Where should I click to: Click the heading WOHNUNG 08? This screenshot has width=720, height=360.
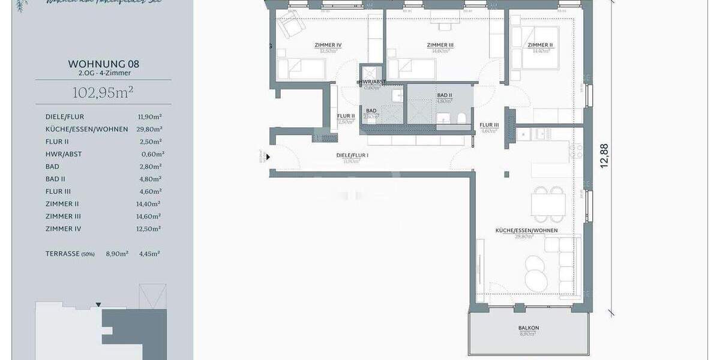coord(103,63)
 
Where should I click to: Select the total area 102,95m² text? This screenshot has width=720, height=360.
coord(103,92)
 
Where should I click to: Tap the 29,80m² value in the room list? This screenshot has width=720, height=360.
coord(150,129)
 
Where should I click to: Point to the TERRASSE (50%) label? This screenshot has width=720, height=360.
coord(70,254)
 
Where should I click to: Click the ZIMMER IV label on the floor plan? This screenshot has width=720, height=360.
coord(328,45)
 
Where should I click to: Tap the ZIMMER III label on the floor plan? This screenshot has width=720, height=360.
coord(440,45)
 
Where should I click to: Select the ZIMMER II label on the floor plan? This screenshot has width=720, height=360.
coord(540,45)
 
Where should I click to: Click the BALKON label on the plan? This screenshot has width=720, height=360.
coord(529,328)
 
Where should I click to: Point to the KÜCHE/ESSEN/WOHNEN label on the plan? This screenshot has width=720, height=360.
coord(526,230)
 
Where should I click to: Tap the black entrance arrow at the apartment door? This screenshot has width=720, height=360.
coord(268,157)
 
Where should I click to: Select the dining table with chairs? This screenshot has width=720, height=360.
coord(548,202)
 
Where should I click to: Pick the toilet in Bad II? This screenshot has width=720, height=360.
coord(460,118)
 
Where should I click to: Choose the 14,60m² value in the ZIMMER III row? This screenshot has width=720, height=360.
coord(150,216)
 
